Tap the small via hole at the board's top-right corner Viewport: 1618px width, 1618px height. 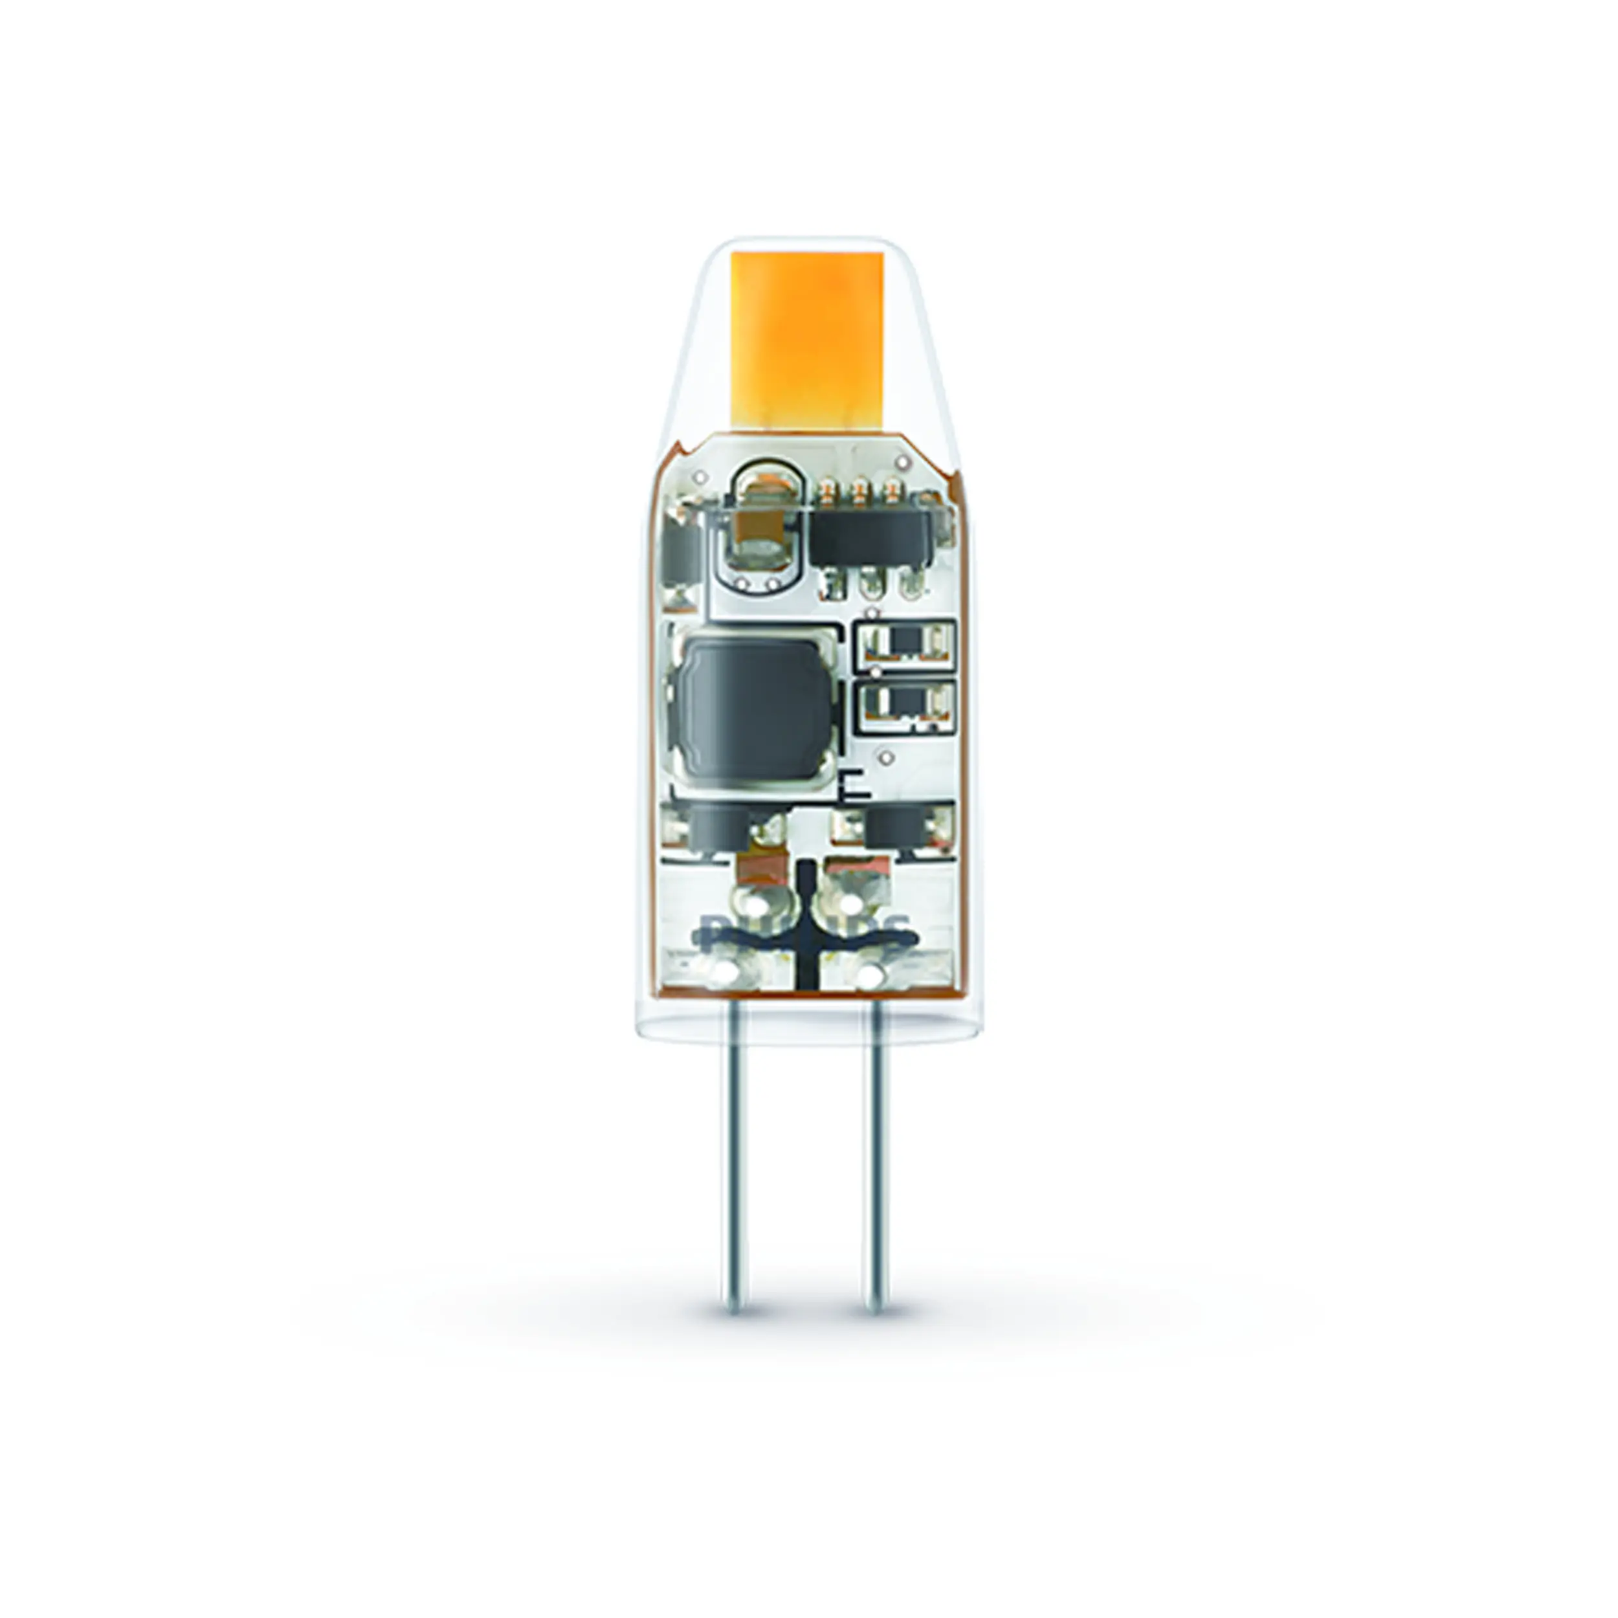[902, 461]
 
